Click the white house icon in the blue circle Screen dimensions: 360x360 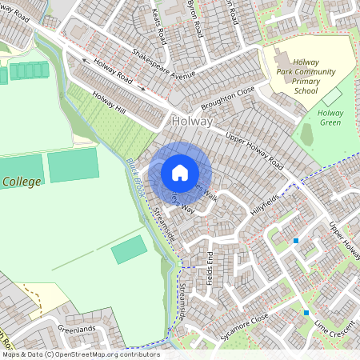(180, 172)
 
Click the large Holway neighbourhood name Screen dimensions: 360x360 (192, 122)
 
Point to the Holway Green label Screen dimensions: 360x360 (330, 118)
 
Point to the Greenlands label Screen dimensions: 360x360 (77, 327)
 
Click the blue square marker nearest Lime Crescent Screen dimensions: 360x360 (306, 312)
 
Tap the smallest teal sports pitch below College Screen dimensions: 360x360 (129, 250)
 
